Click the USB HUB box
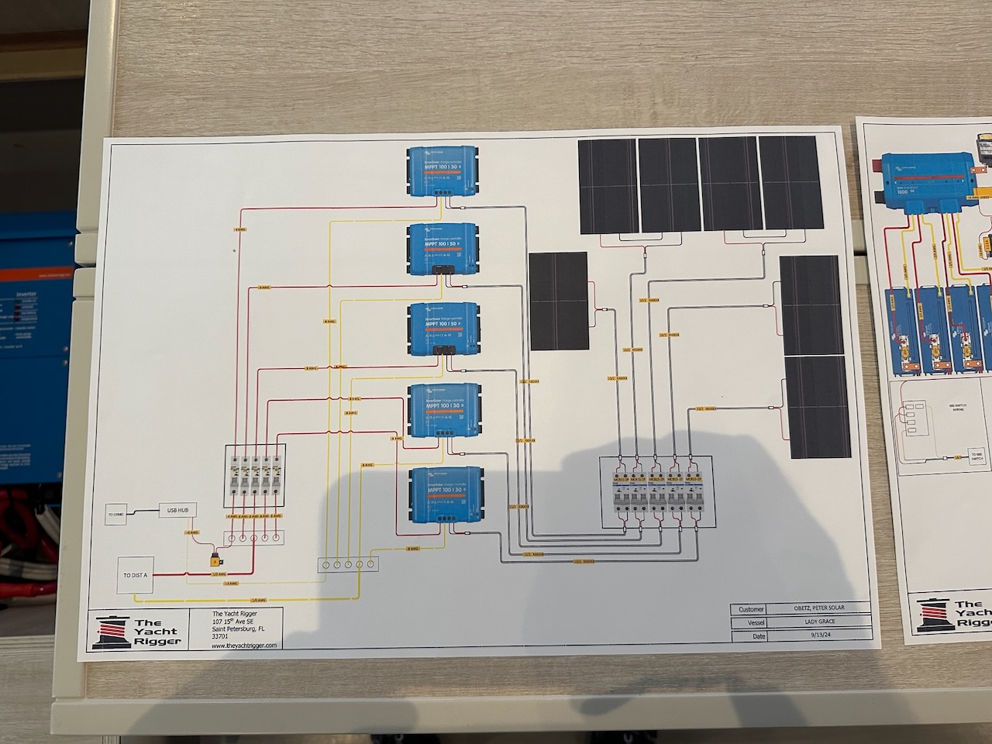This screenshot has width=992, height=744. (x=177, y=510)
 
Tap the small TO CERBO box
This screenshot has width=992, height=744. (x=115, y=513)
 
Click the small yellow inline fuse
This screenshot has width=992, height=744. (x=212, y=558)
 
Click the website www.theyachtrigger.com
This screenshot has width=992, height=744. (x=244, y=644)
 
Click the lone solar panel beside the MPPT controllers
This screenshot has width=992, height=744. (x=559, y=300)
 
